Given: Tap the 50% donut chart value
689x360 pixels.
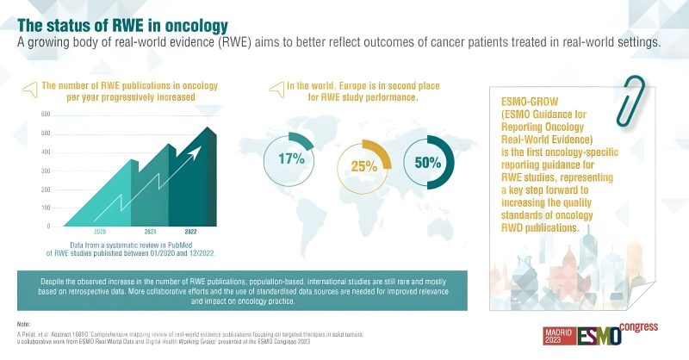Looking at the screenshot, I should [428, 161].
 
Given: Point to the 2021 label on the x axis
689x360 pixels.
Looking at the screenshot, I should [151, 233].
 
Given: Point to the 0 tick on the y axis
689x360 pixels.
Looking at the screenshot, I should [47, 226].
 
